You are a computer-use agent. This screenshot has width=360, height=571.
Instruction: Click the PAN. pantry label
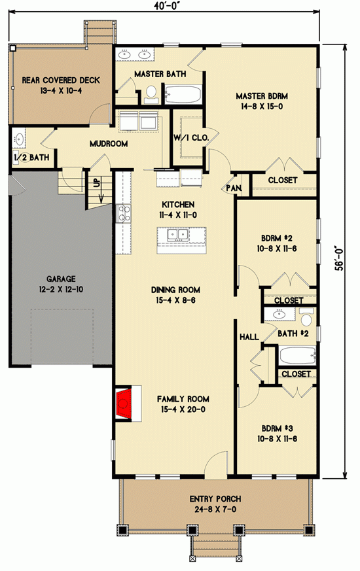tap(234, 188)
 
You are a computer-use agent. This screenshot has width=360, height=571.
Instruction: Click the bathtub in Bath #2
tap(297, 357)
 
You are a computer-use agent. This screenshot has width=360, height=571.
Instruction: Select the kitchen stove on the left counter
tap(122, 212)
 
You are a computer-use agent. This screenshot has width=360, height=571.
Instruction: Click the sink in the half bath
tap(19, 139)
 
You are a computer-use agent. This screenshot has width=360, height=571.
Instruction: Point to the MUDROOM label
tap(109, 144)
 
